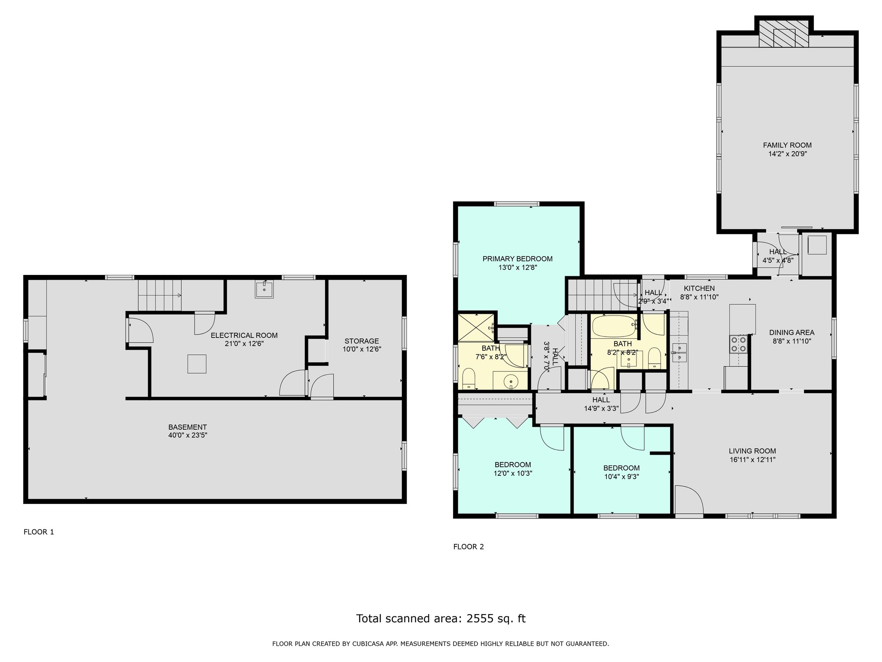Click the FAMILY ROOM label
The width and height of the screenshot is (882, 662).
coord(787,145)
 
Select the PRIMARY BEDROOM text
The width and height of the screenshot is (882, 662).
coord(517,259)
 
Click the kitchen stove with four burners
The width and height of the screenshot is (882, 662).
coord(738,344)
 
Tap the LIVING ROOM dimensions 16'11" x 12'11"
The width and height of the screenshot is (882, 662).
coord(752,459)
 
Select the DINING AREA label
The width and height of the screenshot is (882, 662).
coord(792,332)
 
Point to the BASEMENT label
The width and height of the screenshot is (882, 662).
coord(187,427)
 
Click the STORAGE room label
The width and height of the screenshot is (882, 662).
coord(361,341)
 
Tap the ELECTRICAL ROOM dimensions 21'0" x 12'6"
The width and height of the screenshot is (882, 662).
coord(244,343)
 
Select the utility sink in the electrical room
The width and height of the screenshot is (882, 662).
coord(264,289)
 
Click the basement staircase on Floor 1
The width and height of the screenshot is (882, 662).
coord(159,295)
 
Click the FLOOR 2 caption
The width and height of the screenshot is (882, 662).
coord(469,547)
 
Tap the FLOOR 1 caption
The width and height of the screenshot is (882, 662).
coord(39,532)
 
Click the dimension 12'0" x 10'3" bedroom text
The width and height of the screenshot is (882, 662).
coord(512,473)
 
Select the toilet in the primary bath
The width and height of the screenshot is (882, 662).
coord(468,378)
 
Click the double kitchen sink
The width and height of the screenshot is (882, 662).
coord(679,352)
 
